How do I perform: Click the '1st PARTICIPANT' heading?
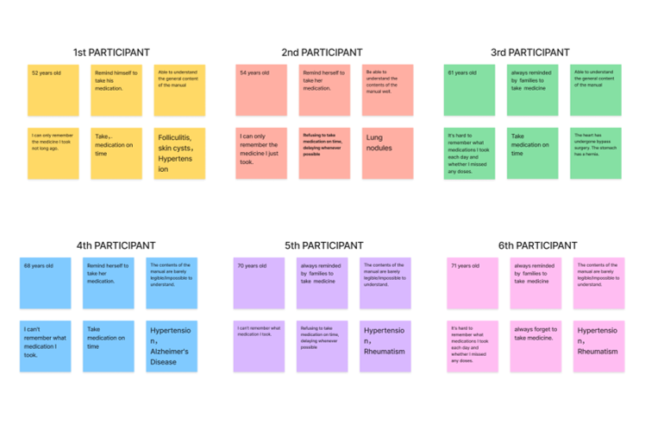(110, 53)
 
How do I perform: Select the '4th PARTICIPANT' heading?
(116, 245)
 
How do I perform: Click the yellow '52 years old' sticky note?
(53, 90)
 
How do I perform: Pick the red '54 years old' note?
(261, 90)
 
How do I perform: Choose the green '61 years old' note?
(469, 90)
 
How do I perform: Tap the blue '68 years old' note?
(46, 283)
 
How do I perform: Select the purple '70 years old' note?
(259, 283)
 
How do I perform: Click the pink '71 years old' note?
(473, 283)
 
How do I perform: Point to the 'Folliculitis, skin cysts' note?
(179, 153)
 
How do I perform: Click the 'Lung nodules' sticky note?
(387, 153)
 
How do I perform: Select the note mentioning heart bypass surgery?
(595, 153)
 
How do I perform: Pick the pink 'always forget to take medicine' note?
(536, 346)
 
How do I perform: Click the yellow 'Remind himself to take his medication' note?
(116, 90)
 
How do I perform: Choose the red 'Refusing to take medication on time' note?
(324, 153)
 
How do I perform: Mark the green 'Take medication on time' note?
(532, 153)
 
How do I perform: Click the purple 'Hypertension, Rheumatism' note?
(386, 346)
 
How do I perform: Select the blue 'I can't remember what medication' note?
(46, 346)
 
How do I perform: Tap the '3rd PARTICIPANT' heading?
(530, 53)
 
